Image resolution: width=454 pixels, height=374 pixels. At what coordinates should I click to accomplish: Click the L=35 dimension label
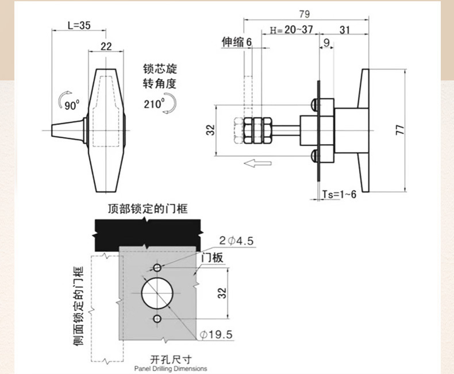(79, 25)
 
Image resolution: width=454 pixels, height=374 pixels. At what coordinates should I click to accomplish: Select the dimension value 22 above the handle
(106, 47)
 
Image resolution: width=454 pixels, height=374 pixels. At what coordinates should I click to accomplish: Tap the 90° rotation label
(72, 105)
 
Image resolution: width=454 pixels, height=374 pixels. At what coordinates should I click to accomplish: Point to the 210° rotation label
(154, 103)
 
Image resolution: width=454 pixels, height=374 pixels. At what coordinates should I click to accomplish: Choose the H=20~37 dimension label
(291, 30)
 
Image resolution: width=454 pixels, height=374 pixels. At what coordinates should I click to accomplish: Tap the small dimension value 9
(326, 42)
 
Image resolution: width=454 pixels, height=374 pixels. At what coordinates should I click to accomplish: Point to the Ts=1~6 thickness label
(339, 194)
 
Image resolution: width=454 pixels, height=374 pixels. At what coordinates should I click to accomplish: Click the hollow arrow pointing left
(257, 164)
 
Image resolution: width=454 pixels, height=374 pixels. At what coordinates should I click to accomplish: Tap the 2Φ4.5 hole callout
(235, 241)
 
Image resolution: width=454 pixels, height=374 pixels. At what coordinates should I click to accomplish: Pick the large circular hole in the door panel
(157, 293)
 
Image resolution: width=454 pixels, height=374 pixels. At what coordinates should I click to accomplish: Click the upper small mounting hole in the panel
(157, 268)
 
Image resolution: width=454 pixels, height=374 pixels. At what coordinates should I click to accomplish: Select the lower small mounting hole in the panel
(157, 319)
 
